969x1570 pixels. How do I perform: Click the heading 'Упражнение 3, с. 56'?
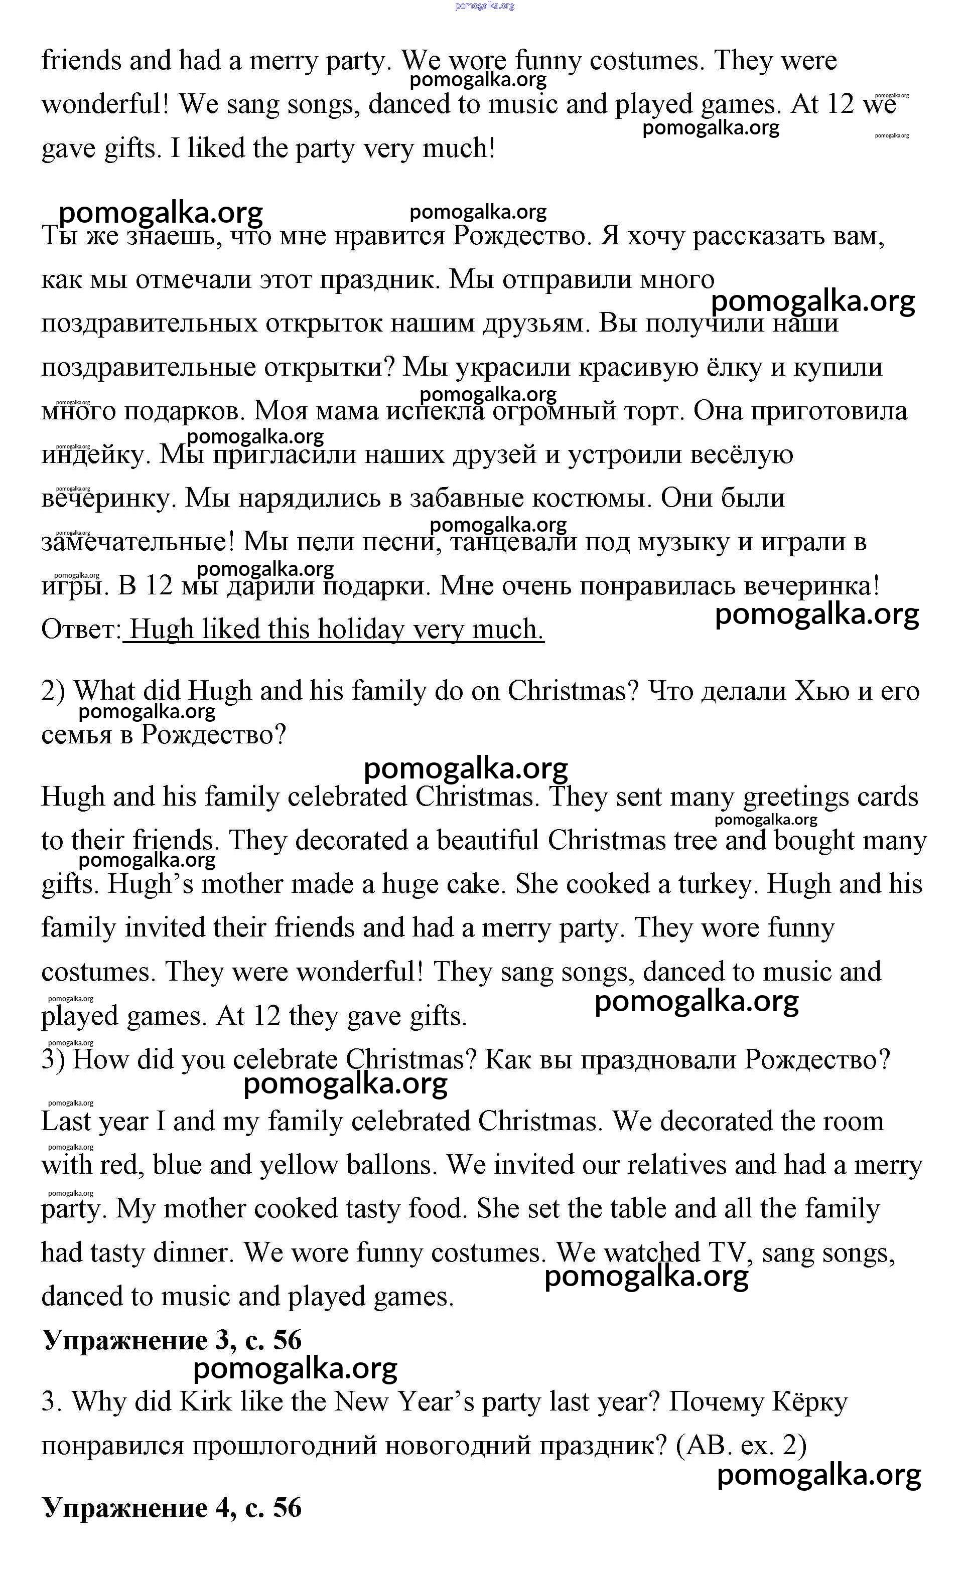172,1340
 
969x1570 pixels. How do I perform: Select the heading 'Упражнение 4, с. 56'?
172,1508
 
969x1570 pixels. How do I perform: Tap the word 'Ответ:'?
81,629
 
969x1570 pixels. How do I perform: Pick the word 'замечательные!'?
139,542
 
